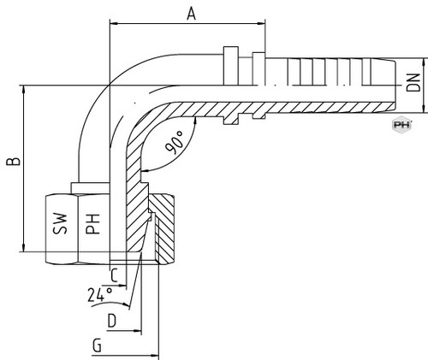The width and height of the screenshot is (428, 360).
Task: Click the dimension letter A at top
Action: tap(192, 15)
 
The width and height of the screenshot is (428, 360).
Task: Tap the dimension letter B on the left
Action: tap(14, 162)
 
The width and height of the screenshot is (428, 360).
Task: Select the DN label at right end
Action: tap(413, 83)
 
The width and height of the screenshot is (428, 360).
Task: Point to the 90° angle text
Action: tap(174, 142)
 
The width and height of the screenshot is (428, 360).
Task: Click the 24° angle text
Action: tap(100, 294)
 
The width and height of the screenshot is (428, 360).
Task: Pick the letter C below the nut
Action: tap(114, 275)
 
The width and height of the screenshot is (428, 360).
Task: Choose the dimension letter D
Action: tap(112, 321)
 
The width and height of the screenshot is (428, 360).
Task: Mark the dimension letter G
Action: tap(97, 345)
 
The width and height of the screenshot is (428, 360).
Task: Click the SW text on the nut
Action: tap(60, 224)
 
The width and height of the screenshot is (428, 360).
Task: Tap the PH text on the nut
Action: tap(93, 224)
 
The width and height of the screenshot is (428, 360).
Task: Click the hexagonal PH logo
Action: tap(401, 125)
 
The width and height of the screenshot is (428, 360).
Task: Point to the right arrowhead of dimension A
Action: tap(262, 24)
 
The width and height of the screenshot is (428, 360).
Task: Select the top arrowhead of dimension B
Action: tap(24, 89)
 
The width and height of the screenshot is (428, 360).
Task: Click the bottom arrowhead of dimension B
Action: tap(24, 248)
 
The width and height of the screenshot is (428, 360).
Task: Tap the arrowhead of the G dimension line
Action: tap(155, 356)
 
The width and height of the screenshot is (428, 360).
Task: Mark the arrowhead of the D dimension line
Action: tap(138, 331)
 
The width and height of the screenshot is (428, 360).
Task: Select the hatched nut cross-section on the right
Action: tap(161, 229)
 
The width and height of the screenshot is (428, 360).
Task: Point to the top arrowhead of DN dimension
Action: tap(425, 62)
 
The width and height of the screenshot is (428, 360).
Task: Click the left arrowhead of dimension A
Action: tap(114, 24)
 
